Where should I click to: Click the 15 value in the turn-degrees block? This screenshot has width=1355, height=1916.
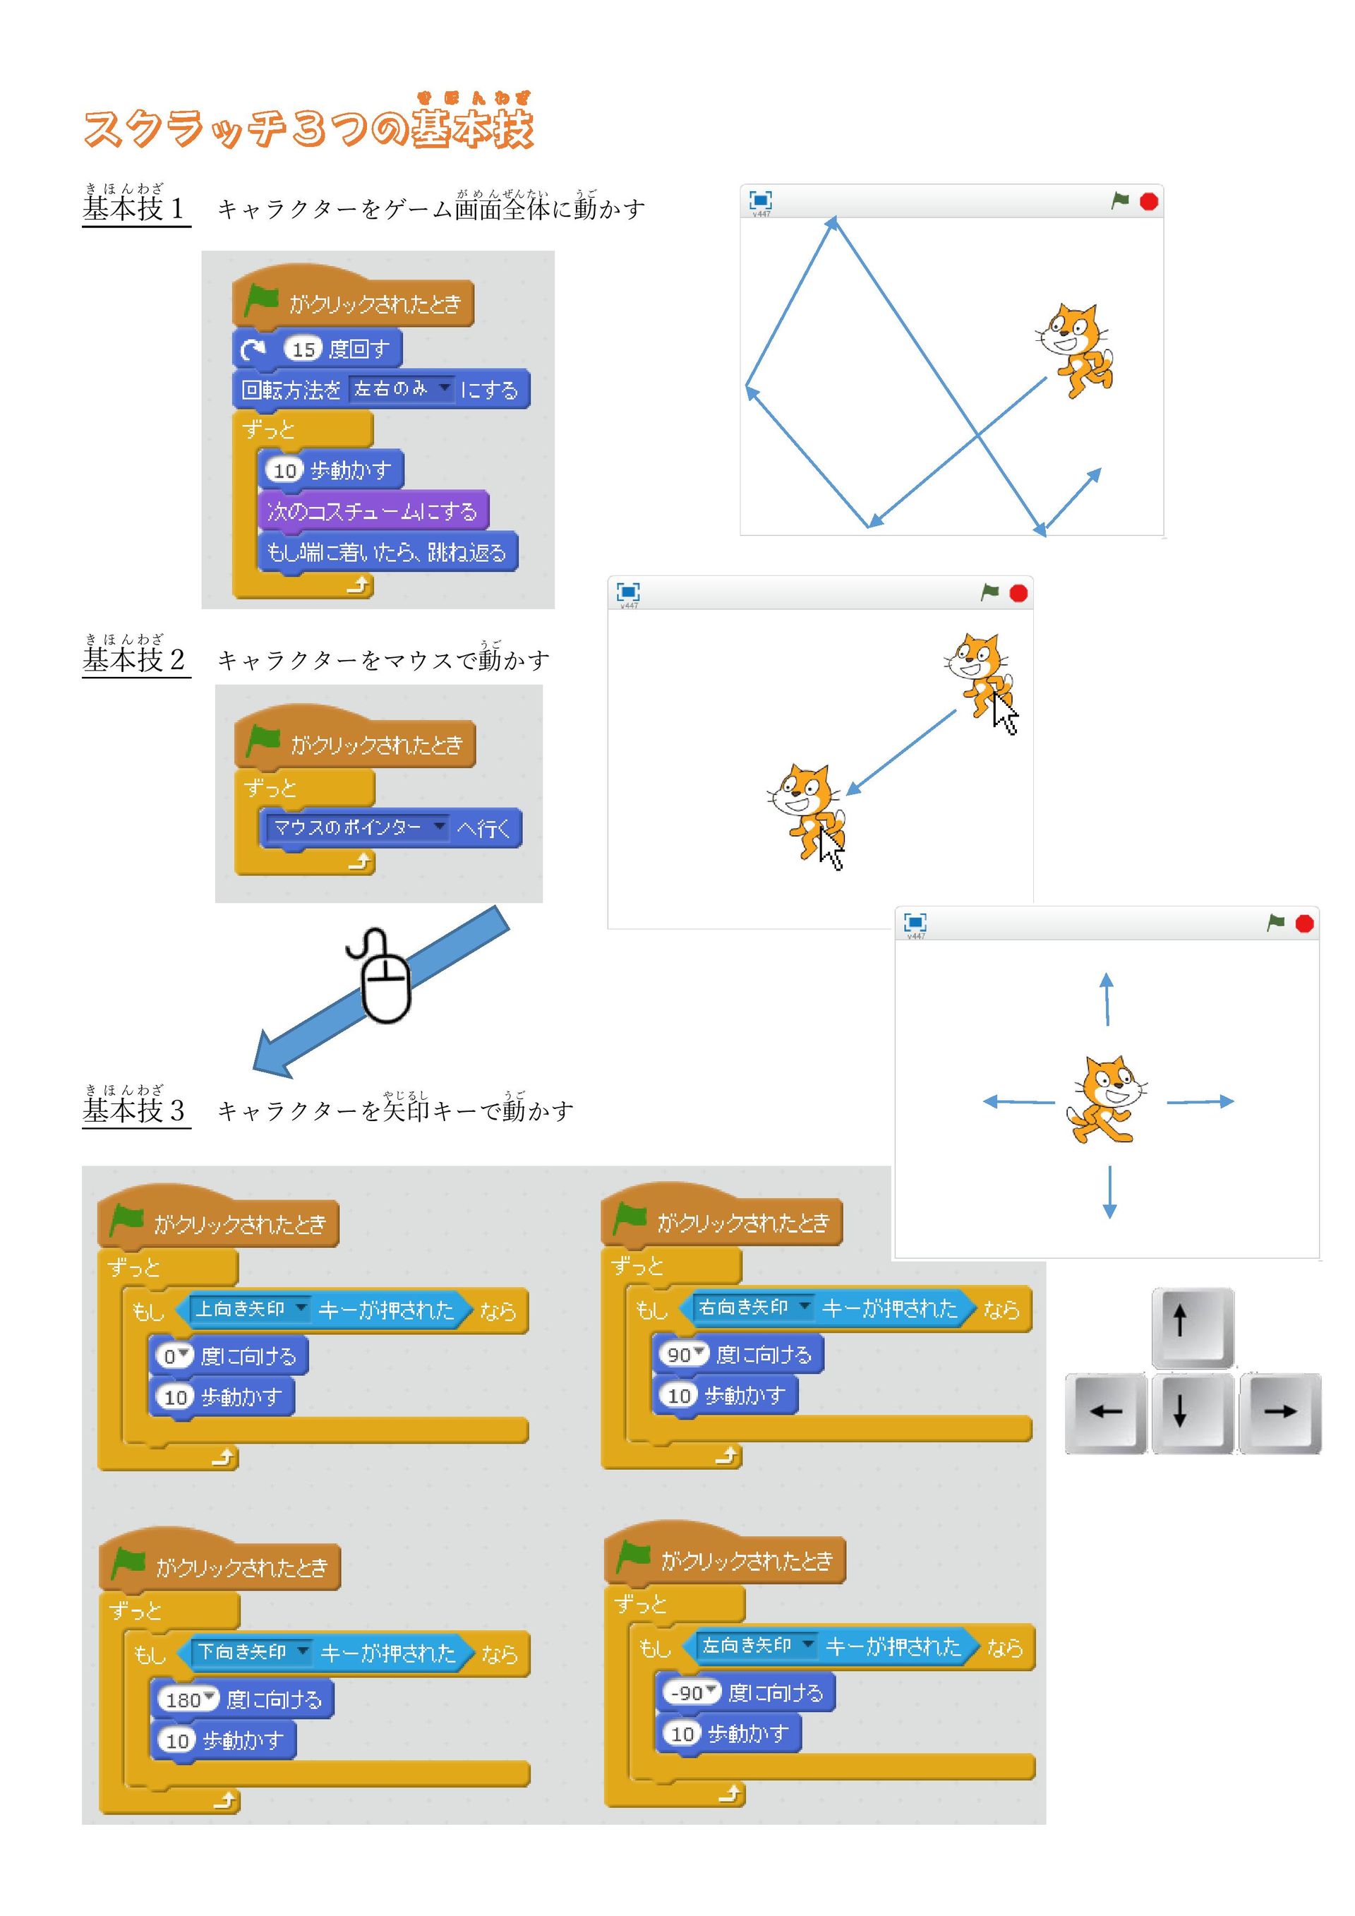[303, 349]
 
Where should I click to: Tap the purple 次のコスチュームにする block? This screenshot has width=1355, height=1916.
[372, 510]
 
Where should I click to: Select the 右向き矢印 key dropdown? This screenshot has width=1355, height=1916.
[754, 1307]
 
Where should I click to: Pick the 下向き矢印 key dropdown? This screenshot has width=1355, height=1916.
[252, 1651]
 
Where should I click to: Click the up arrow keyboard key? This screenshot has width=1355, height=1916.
[1191, 1327]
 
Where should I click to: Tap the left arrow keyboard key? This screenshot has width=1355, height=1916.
[1106, 1413]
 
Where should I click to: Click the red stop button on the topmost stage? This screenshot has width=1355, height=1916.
[1149, 201]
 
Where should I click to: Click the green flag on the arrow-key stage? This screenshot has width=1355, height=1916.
[1276, 922]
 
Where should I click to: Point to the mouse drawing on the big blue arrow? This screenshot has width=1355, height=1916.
[384, 976]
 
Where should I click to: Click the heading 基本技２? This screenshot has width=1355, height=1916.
[134, 659]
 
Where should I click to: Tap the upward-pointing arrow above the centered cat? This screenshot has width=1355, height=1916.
[1107, 999]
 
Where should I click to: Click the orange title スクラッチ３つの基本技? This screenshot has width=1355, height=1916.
[308, 128]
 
